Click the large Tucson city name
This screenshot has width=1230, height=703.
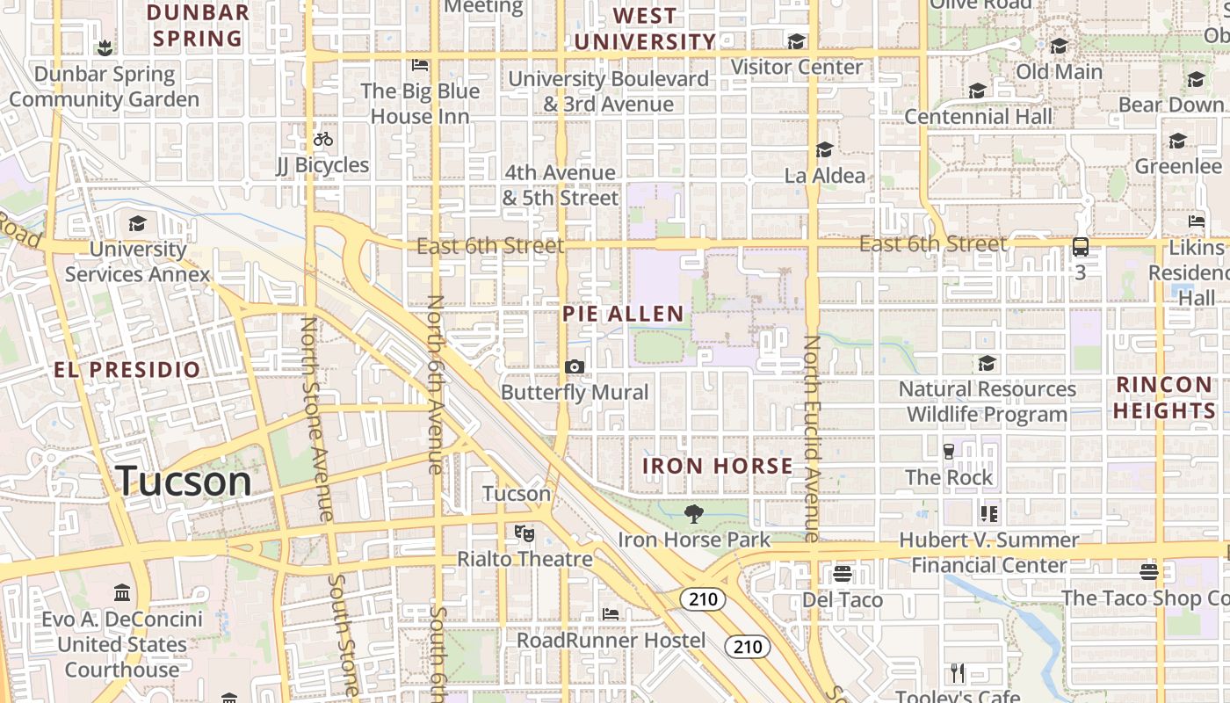coord(184,481)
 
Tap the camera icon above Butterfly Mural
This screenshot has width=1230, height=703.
coord(575,366)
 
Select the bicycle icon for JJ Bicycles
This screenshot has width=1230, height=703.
coord(322,139)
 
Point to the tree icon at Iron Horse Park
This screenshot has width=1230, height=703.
coord(694,513)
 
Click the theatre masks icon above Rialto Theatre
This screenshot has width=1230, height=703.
coord(525,533)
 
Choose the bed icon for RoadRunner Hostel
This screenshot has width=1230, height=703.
coord(611,613)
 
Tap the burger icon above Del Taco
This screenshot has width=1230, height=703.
coord(843,574)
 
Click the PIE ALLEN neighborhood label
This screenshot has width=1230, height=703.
coord(623,314)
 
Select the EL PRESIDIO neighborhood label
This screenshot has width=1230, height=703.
coord(127,369)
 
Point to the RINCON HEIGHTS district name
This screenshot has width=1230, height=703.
coord(1165,397)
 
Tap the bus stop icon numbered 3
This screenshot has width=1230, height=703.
coord(1081,247)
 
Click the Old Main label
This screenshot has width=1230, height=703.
coord(1059,71)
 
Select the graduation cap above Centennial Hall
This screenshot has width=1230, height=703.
coord(977,91)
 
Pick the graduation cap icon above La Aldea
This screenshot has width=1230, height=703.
coord(824,150)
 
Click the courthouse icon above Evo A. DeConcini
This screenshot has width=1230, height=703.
coord(122,593)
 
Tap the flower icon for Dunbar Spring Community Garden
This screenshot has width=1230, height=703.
coord(105,47)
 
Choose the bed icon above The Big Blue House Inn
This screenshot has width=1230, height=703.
coord(420,65)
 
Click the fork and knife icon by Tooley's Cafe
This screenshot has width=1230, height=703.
coord(958,673)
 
